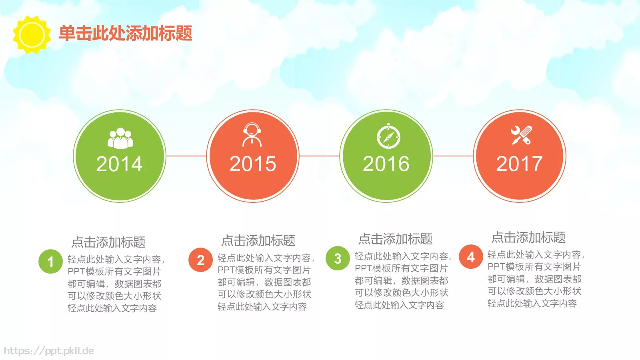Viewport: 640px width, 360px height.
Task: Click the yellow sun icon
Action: (32, 34)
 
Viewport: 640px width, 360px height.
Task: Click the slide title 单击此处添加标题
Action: (126, 33)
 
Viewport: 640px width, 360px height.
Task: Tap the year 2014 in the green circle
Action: (119, 164)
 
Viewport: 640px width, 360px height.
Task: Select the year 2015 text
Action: (253, 164)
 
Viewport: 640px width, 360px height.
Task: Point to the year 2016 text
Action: (386, 164)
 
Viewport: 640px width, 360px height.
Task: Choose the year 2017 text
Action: (519, 164)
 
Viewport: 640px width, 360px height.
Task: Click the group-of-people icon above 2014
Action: (120, 138)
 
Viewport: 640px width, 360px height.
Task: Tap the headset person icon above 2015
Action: (252, 135)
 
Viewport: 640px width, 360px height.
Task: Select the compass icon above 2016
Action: (388, 136)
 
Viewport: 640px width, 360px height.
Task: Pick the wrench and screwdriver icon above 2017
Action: (521, 135)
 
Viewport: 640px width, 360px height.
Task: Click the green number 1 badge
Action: (50, 262)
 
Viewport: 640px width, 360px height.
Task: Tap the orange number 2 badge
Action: (200, 260)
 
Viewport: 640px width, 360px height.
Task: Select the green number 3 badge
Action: (338, 258)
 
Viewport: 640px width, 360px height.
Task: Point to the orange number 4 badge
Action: (471, 257)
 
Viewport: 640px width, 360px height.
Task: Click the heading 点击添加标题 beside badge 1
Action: (108, 242)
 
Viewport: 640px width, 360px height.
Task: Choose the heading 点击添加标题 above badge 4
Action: (528, 237)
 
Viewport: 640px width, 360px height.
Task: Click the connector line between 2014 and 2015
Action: (186, 156)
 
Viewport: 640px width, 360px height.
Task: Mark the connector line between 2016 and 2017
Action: (453, 156)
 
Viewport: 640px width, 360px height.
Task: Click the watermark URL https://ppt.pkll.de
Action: (49, 351)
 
